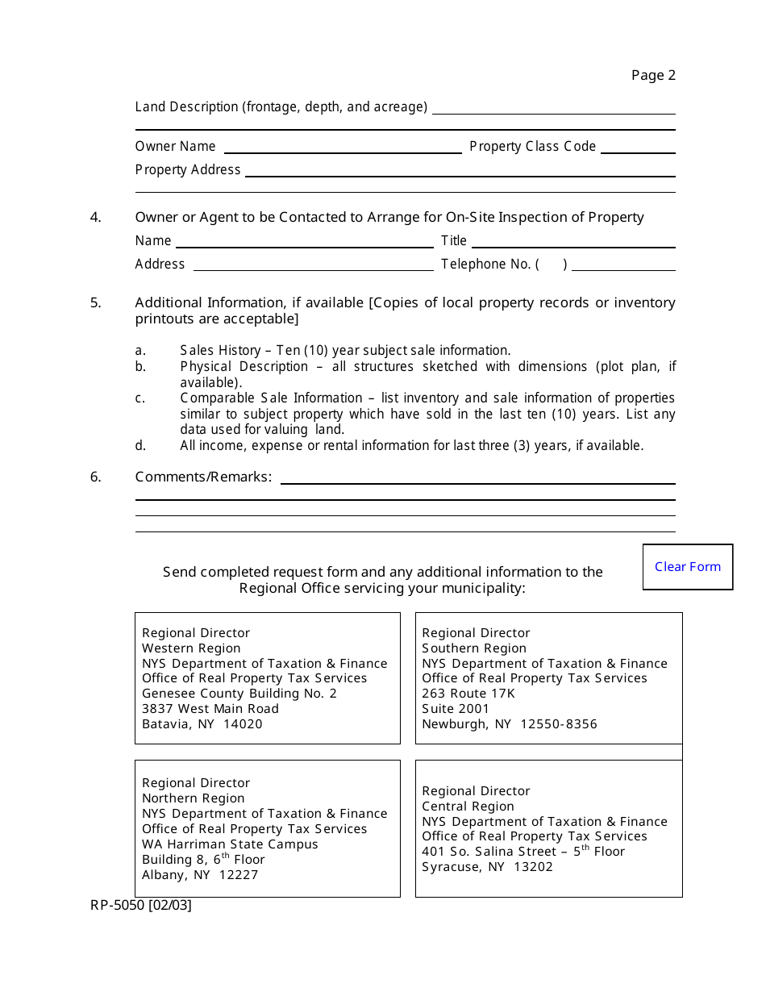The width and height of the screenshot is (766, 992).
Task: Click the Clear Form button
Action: coord(688,567)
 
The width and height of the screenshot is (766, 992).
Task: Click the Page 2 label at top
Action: coord(653,76)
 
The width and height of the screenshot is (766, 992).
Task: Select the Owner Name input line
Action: coord(343,148)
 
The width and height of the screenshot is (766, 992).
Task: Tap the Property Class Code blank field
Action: coord(638,148)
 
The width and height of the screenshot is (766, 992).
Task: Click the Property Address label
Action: coord(188,170)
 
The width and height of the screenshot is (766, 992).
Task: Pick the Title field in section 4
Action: coord(574,242)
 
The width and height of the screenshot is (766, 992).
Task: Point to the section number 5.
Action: coord(96,303)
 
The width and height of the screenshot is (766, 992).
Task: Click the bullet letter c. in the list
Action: coord(140,398)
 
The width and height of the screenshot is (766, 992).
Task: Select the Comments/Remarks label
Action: coord(203,477)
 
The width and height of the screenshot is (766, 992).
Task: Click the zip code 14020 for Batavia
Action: coord(243,724)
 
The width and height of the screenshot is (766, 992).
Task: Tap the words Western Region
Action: coord(191,648)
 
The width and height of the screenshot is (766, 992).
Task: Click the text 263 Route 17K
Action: coord(468,694)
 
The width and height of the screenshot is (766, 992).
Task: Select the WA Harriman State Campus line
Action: coord(230,844)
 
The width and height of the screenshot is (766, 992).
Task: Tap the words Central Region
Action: coord(468,807)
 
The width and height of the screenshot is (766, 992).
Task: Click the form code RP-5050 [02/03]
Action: coord(141,906)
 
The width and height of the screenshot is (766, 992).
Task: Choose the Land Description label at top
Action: coord(281,107)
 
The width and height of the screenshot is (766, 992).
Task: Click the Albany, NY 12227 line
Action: coord(200,875)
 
